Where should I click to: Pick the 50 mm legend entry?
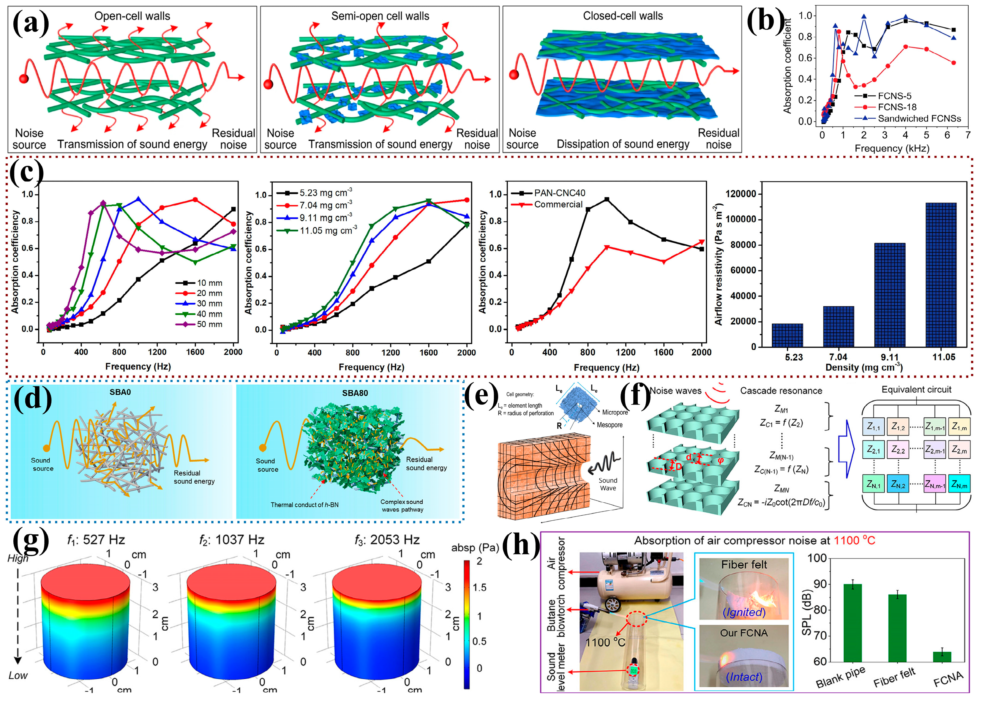click(209, 324)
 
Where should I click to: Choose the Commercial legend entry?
click(558, 204)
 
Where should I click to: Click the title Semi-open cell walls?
click(380, 16)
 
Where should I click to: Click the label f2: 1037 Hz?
click(232, 540)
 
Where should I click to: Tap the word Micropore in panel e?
click(615, 412)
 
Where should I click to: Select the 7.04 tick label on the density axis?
click(838, 357)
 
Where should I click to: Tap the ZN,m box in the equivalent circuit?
click(959, 485)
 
